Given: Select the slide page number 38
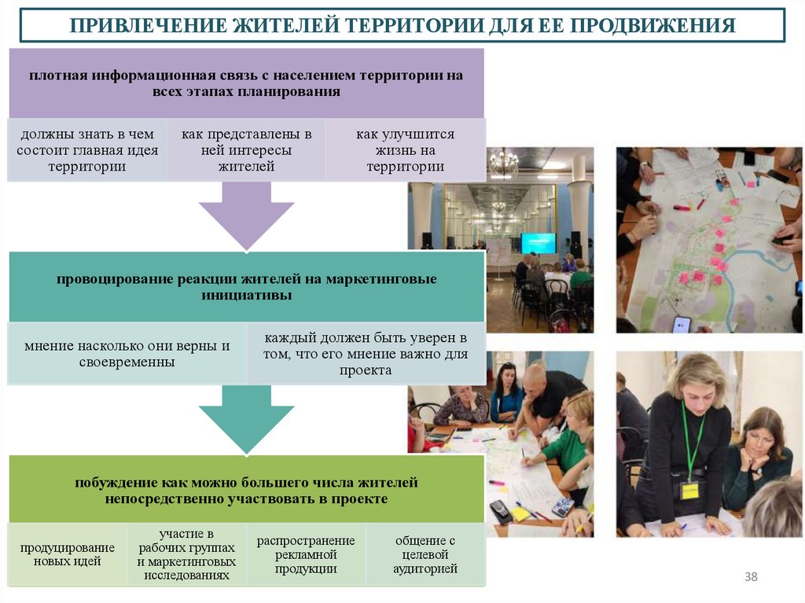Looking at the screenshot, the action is [x=751, y=578].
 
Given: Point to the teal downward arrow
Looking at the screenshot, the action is [x=246, y=417].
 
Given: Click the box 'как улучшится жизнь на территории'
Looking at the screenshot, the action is [x=405, y=150].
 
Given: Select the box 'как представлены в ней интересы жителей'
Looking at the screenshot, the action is [x=246, y=150].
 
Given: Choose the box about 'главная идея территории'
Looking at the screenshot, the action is [x=87, y=150].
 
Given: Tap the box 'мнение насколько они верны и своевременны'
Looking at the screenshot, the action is [x=127, y=354].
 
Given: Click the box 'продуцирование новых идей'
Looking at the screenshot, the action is [x=67, y=554].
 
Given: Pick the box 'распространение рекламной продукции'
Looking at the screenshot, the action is [x=306, y=554].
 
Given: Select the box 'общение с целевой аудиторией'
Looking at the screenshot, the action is [x=425, y=554].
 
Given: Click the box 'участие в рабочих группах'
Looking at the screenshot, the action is [x=186, y=554].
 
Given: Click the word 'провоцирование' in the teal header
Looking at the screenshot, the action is [x=113, y=280].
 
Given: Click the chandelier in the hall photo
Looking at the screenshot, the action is [x=503, y=164].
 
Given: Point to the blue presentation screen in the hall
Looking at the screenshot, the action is [x=538, y=243].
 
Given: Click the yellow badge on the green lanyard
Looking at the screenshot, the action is [x=689, y=491].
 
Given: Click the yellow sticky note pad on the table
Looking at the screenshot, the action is [x=520, y=513].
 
